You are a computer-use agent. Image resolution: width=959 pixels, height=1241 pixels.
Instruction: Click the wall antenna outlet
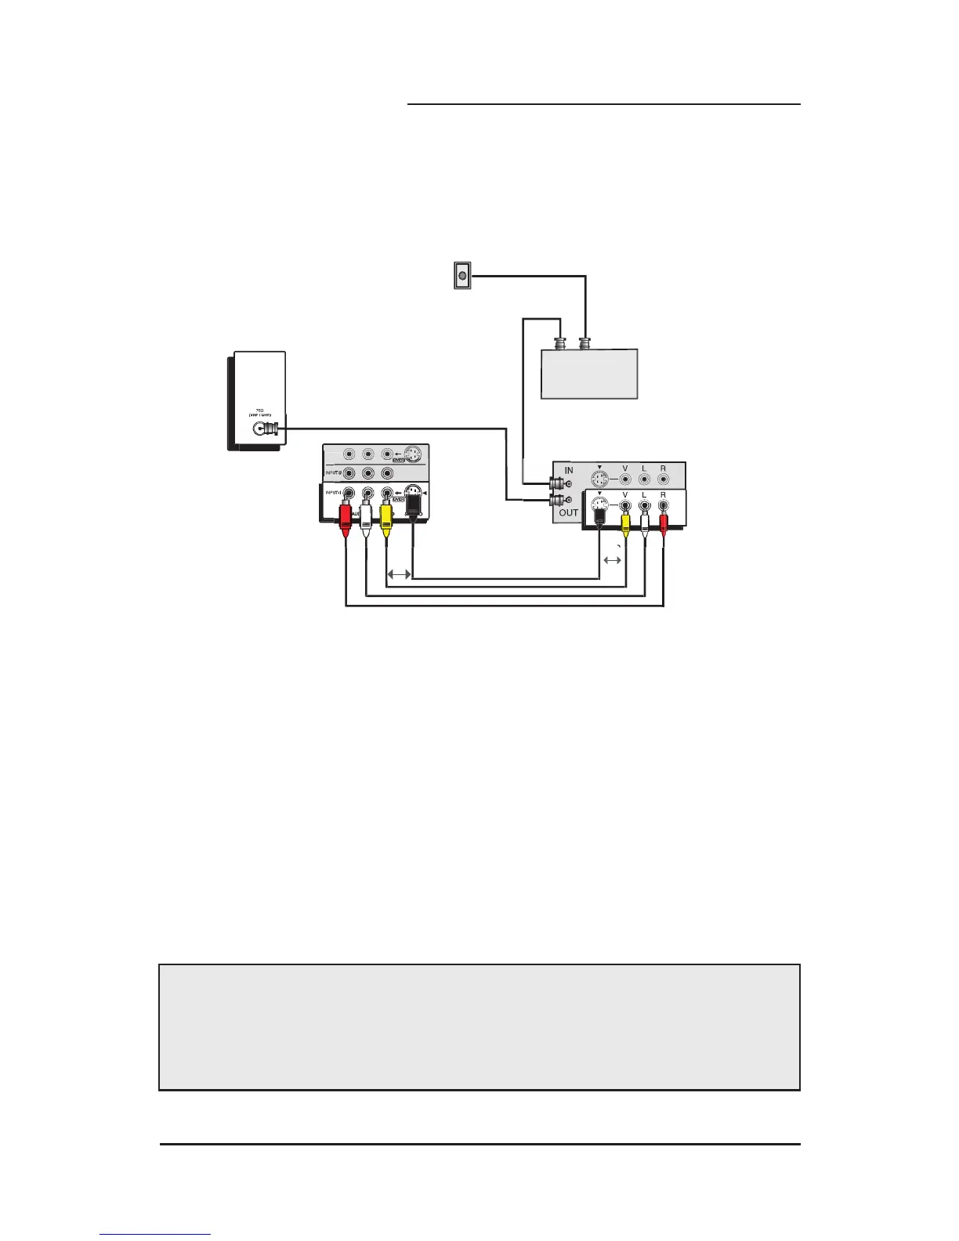pyautogui.click(x=462, y=276)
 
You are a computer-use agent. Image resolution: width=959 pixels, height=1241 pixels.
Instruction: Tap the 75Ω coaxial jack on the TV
pyautogui.click(x=262, y=429)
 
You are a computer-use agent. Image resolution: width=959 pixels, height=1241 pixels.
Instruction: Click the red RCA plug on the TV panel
pyautogui.click(x=346, y=518)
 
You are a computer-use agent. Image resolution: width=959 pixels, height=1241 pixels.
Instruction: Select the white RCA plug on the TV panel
pyautogui.click(x=366, y=518)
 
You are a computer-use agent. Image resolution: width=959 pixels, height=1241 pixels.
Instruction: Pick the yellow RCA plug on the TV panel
pyautogui.click(x=385, y=518)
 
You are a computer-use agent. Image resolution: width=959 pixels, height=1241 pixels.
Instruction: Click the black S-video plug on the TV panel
pyautogui.click(x=413, y=513)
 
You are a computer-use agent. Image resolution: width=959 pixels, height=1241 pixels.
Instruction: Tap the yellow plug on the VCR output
pyautogui.click(x=625, y=519)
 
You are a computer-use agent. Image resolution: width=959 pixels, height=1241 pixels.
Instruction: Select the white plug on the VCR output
pyautogui.click(x=645, y=520)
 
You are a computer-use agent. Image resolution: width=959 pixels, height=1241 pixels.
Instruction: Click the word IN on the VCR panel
pyautogui.click(x=569, y=470)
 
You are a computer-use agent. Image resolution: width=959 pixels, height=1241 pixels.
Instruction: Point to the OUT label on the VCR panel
pyautogui.click(x=569, y=512)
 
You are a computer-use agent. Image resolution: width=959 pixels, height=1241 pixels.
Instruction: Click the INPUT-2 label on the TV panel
pyautogui.click(x=332, y=473)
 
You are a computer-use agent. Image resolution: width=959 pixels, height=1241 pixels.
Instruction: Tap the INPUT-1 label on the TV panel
pyautogui.click(x=332, y=493)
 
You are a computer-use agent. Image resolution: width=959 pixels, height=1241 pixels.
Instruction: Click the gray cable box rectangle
pyautogui.click(x=590, y=374)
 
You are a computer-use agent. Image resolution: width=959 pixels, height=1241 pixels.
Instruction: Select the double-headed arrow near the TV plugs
pyautogui.click(x=399, y=574)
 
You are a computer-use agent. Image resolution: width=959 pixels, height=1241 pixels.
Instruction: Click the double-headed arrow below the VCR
pyautogui.click(x=613, y=560)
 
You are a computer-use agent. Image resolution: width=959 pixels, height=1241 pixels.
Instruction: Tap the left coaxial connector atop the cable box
pyautogui.click(x=562, y=344)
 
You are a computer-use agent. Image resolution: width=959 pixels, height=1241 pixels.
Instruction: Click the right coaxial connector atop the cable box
pyautogui.click(x=584, y=344)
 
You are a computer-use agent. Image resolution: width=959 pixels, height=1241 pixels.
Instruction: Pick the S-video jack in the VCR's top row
pyautogui.click(x=599, y=478)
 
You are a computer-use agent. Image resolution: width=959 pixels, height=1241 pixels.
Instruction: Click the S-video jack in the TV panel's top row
pyautogui.click(x=414, y=454)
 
